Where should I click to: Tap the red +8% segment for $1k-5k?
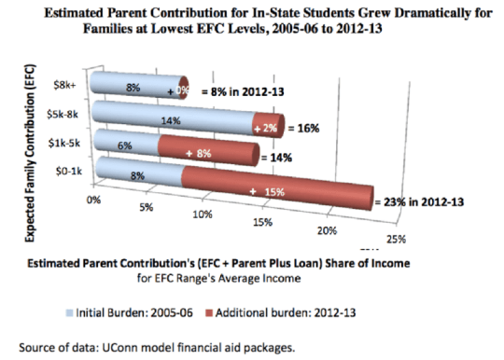207,145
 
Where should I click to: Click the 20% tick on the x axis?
328,230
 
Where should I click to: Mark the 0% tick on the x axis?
92,198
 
